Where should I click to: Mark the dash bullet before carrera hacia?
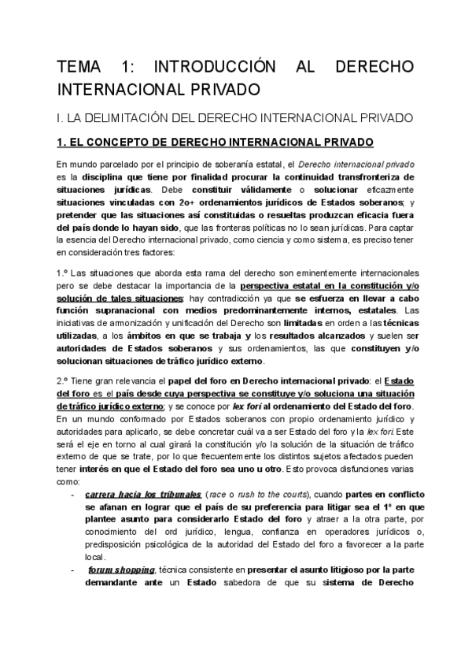[x=72, y=495]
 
